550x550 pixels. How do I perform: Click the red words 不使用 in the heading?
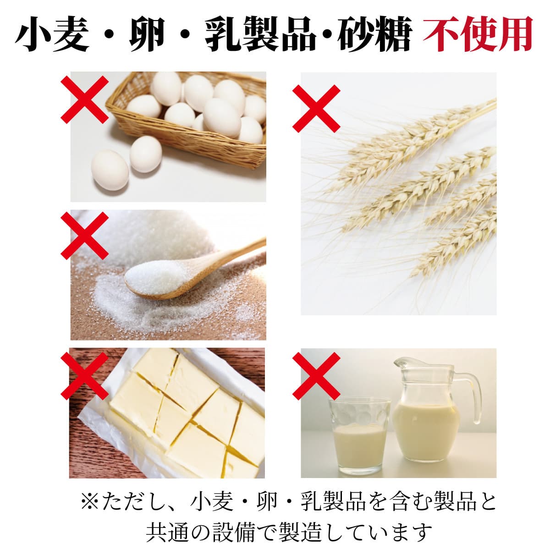click(x=477, y=34)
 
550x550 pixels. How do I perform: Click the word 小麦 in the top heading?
click(x=52, y=34)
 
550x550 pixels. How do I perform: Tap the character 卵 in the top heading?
click(x=147, y=34)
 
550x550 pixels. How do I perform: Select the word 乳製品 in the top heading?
click(x=260, y=34)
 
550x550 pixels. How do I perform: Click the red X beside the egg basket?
click(x=84, y=99)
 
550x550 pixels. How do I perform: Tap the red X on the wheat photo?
click(x=316, y=109)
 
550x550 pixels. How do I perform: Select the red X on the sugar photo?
click(x=84, y=236)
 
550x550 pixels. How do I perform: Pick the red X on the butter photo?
click(x=84, y=376)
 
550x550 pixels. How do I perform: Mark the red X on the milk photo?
click(x=316, y=376)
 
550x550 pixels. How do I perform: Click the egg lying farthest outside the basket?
click(x=110, y=170)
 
